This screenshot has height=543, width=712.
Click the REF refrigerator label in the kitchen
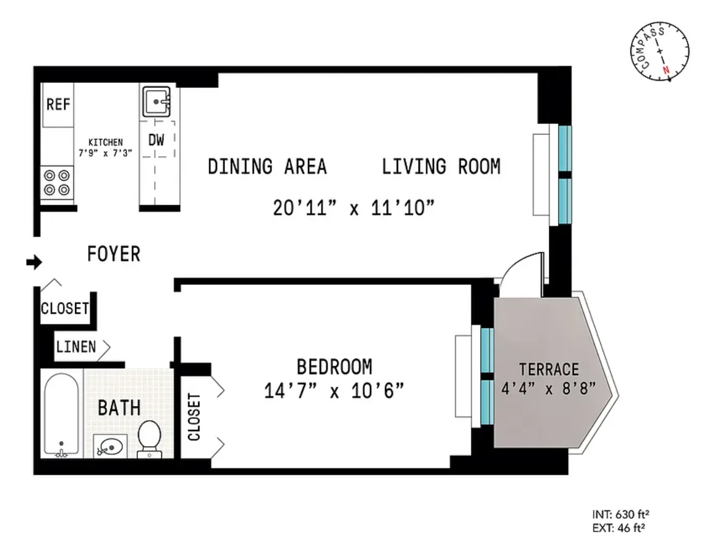pos(58,104)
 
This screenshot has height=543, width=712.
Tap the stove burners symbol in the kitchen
pos(57,182)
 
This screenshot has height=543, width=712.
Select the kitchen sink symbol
pos(156,101)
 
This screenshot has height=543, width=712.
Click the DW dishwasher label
pos(156,140)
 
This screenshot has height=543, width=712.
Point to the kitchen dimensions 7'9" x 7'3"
pos(105,153)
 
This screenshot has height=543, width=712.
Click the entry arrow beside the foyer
pos(34,262)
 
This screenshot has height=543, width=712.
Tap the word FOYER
pos(114,254)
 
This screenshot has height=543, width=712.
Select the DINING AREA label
pos(267,167)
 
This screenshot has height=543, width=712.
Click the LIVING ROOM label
pos(441,167)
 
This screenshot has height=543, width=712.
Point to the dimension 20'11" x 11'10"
pos(354,208)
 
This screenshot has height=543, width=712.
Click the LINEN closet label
pos(76,347)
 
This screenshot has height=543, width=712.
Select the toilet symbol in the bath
pos(149,438)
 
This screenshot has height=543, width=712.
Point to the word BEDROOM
pos(334,367)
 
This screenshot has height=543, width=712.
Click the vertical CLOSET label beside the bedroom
pos(194,417)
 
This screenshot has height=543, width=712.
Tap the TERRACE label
pos(549,369)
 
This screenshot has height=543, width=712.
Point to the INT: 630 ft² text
pos(621,514)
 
